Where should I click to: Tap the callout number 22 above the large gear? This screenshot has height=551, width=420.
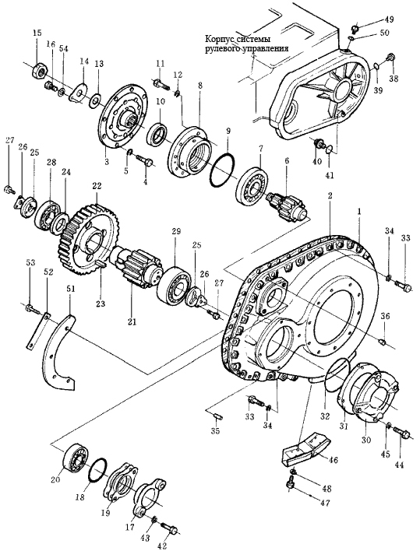coord(97,186)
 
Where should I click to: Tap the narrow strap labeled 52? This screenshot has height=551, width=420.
coord(37,331)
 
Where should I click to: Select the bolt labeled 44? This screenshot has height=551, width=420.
coord(402,432)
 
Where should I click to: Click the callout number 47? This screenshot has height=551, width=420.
coord(326,503)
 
